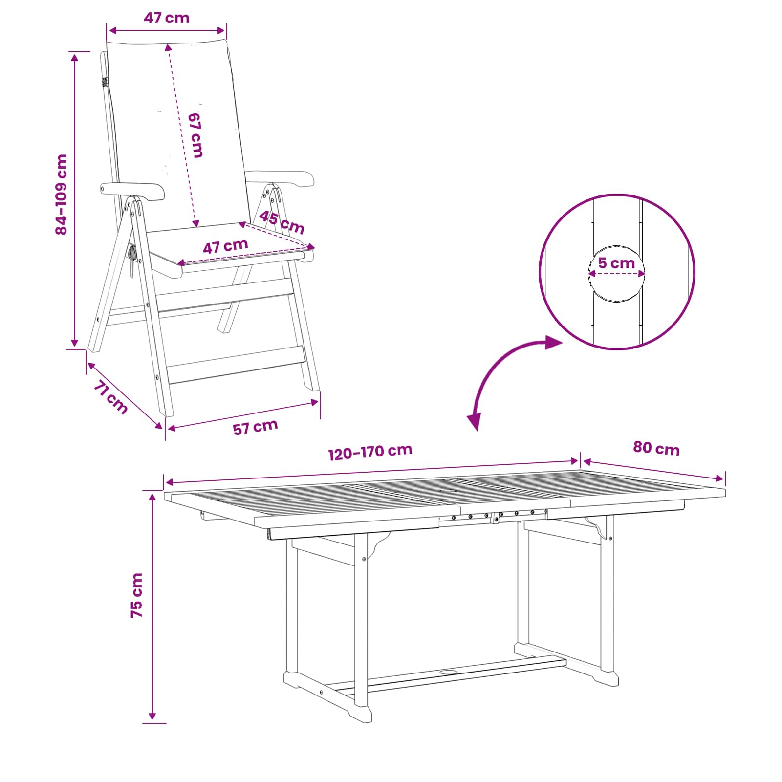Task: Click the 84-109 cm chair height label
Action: tap(62, 195)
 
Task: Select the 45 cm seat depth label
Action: tap(282, 222)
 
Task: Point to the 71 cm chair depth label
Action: tap(110, 397)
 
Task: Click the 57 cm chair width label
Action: tap(255, 427)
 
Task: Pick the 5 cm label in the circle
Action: tap(616, 263)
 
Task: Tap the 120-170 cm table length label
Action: tap(370, 452)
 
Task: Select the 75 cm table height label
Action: tap(137, 595)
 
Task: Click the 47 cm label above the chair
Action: tap(166, 18)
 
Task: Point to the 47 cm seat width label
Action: tap(225, 246)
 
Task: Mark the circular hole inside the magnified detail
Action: tap(616, 274)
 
